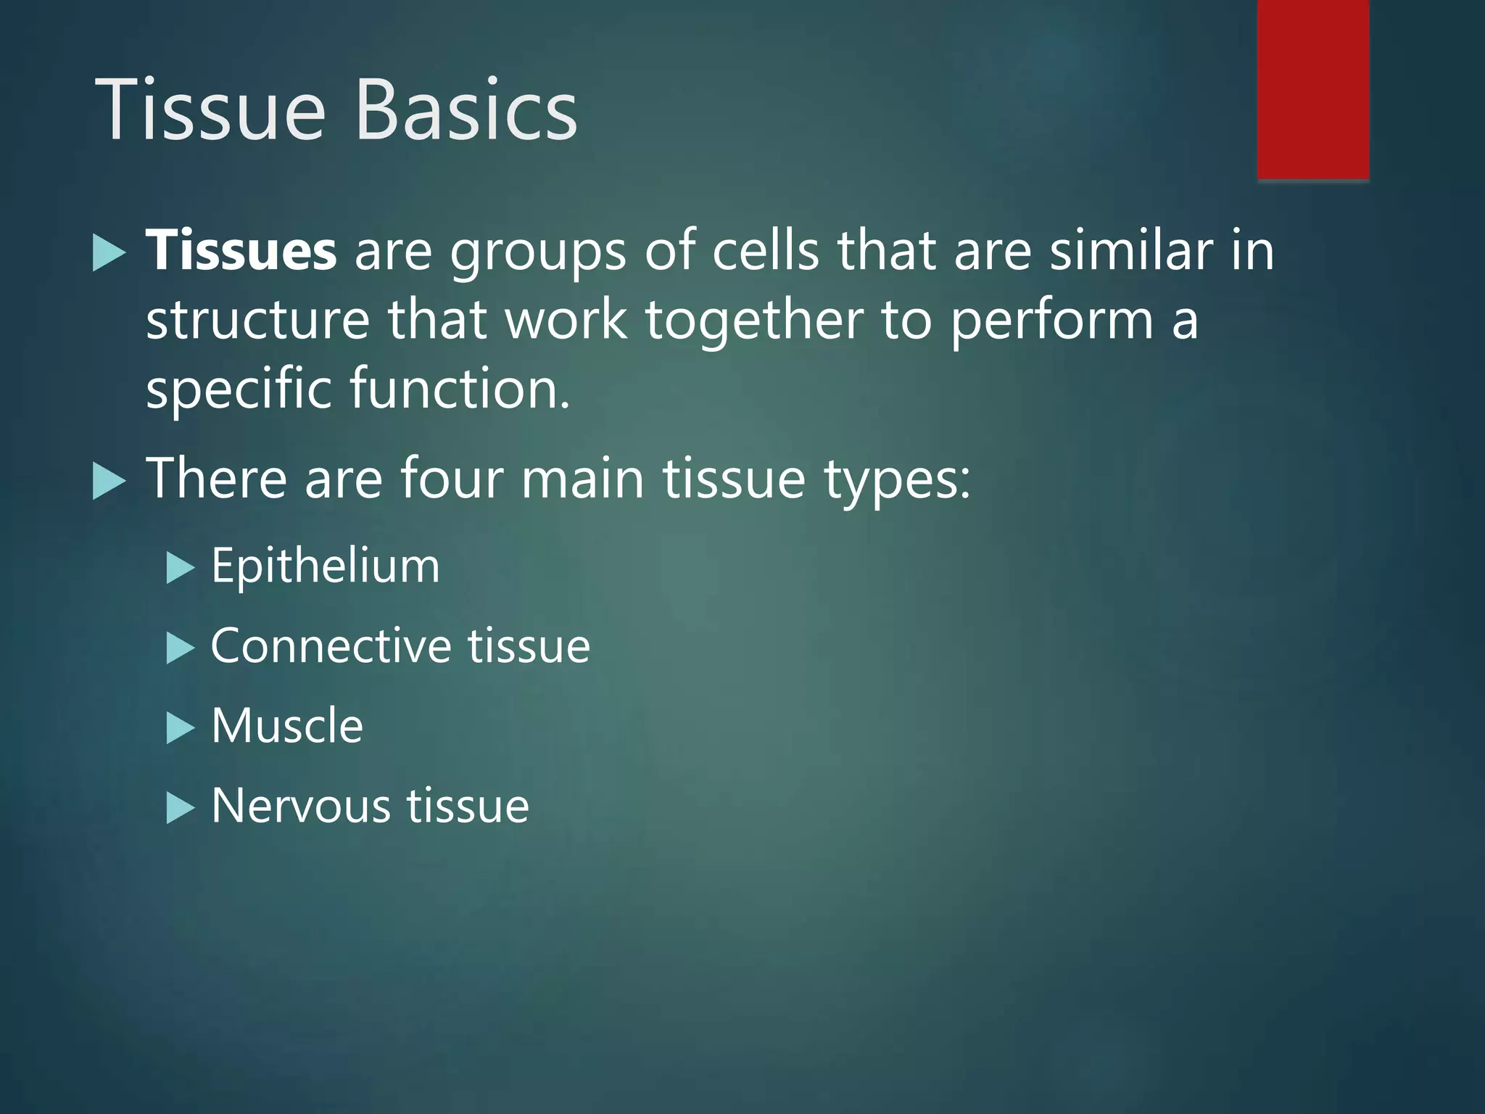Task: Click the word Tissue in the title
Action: tap(210, 110)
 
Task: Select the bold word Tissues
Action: tap(241, 250)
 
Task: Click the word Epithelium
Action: tap(325, 566)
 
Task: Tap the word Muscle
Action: tap(287, 726)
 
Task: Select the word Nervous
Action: tap(300, 806)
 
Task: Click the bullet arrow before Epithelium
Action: tap(181, 568)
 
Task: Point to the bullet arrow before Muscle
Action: tap(181, 728)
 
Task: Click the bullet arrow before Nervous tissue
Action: tap(181, 808)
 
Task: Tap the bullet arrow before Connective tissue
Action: tap(181, 648)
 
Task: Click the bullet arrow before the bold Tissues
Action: tap(109, 254)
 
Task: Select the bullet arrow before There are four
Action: tap(109, 482)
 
